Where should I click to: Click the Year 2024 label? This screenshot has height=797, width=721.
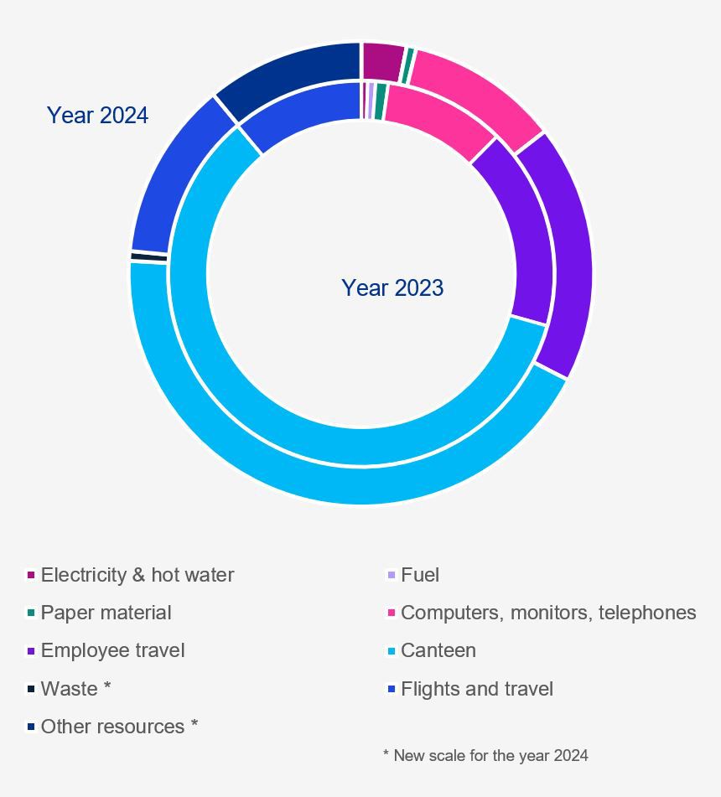pyautogui.click(x=97, y=115)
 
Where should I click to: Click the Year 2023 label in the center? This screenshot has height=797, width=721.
pyautogui.click(x=392, y=287)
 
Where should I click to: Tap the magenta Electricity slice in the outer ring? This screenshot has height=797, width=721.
pyautogui.click(x=382, y=61)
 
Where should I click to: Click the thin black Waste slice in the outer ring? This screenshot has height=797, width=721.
pyautogui.click(x=149, y=256)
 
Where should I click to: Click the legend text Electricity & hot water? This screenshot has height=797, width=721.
pyautogui.click(x=137, y=575)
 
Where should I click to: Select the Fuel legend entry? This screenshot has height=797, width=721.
pyautogui.click(x=419, y=575)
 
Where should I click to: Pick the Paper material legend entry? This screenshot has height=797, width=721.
pyautogui.click(x=106, y=613)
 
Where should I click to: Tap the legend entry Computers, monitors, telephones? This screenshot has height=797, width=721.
pyautogui.click(x=547, y=613)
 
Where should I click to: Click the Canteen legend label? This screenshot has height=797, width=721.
pyautogui.click(x=438, y=650)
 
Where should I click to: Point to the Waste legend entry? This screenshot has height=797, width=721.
pyautogui.click(x=75, y=689)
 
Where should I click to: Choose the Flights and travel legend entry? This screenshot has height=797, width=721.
pyautogui.click(x=476, y=689)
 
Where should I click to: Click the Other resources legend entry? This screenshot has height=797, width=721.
pyautogui.click(x=119, y=727)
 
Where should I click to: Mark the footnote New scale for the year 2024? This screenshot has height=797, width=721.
pyautogui.click(x=486, y=755)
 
